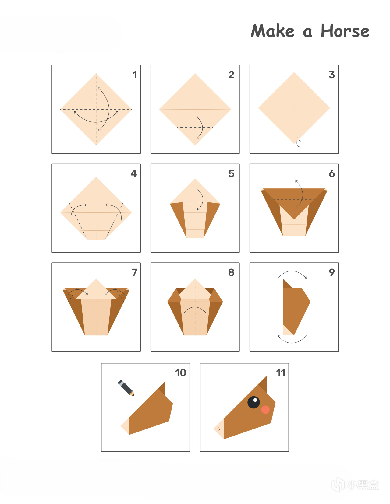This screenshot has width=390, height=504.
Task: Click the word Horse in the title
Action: [x=345, y=31]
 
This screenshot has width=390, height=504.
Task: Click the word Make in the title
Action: [x=272, y=31]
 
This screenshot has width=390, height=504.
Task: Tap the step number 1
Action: [x=135, y=75]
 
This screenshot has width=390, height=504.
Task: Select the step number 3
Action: [x=332, y=75]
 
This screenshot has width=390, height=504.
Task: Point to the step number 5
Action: [x=232, y=173]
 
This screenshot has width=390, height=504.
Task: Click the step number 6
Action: [x=332, y=173]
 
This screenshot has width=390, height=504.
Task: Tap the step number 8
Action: [x=231, y=272]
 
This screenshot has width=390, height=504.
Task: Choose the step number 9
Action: [x=332, y=272]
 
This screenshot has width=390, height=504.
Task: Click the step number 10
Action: [x=181, y=373]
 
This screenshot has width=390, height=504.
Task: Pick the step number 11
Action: [x=281, y=373]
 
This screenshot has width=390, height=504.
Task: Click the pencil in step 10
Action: [x=126, y=388]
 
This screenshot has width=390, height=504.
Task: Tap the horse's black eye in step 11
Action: [x=253, y=402]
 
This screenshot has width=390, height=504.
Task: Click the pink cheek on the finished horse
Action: [x=265, y=410]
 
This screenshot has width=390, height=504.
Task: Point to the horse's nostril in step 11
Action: [x=219, y=429]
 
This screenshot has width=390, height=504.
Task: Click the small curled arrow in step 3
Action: [x=299, y=143]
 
